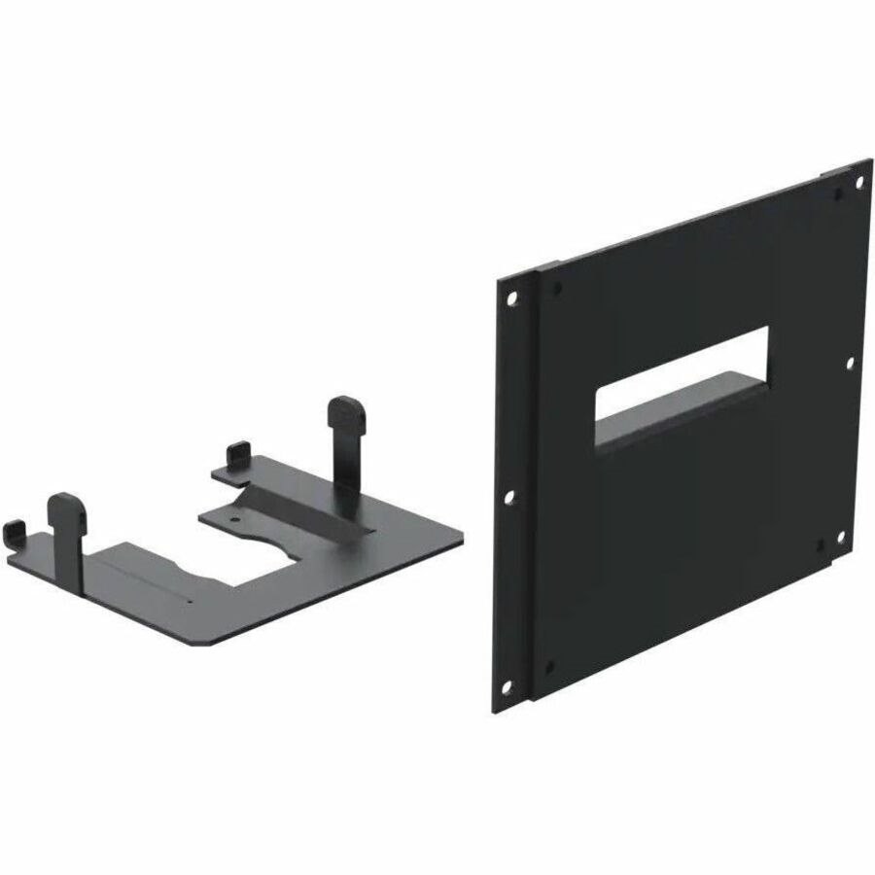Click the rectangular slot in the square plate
tap(682, 374)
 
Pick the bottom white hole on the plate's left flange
tap(510, 684)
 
